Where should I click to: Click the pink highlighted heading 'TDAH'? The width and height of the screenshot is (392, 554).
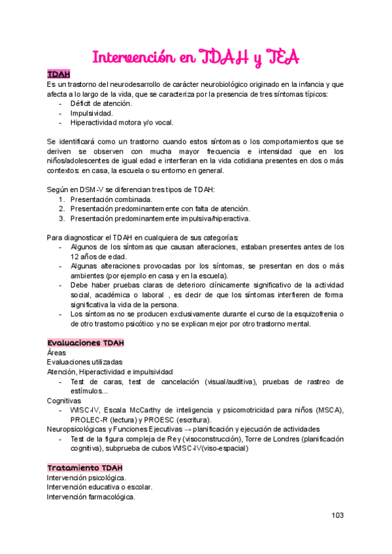[x=59, y=74]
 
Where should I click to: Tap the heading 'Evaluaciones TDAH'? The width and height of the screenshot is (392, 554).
[x=86, y=343]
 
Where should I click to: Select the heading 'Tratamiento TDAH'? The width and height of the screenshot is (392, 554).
[x=84, y=468]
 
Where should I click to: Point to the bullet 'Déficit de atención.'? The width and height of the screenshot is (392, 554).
[x=101, y=103]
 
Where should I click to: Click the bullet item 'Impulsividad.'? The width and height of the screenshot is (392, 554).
[x=91, y=113]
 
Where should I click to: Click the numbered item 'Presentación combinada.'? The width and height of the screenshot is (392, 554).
[x=112, y=199]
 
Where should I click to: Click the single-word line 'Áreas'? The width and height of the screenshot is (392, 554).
[x=56, y=353]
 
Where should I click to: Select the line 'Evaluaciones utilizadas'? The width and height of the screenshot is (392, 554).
[x=84, y=363]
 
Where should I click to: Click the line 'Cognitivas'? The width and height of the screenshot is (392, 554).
[x=64, y=400]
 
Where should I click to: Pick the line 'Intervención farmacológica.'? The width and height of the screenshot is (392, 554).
[x=91, y=497]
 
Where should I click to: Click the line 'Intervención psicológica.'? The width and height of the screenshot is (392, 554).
[x=87, y=478]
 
